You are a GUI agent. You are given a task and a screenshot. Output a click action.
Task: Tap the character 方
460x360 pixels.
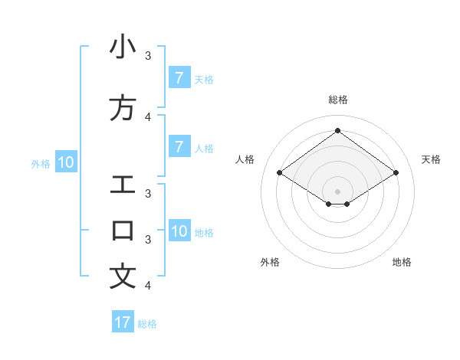point(123,108)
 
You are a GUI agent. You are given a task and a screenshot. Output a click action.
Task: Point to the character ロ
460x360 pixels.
point(123,231)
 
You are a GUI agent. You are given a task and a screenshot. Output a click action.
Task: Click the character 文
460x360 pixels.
point(123,277)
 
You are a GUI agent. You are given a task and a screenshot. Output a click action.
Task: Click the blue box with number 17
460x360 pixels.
point(123,322)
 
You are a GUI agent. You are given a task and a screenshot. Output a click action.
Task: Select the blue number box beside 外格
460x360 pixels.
point(65,162)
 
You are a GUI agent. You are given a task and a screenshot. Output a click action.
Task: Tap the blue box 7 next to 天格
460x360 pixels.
point(179,77)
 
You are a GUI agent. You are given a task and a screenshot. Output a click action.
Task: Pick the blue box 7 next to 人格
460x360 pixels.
point(179,146)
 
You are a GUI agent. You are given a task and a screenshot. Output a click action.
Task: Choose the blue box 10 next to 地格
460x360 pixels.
point(179,231)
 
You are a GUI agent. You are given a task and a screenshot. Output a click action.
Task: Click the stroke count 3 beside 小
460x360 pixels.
point(148,55)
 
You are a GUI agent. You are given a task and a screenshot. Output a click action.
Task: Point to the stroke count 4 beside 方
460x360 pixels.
point(148,116)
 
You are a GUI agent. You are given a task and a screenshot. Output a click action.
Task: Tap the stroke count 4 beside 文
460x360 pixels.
point(148,285)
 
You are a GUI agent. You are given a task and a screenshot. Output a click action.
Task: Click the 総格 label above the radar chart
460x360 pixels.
point(338,100)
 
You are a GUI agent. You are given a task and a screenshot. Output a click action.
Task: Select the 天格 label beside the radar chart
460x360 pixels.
point(431,159)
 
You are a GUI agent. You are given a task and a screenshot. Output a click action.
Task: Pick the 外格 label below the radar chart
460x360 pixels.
point(270,262)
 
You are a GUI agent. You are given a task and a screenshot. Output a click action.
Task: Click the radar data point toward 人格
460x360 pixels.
point(280,173)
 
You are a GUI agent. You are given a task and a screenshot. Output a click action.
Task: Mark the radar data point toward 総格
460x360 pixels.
point(338,131)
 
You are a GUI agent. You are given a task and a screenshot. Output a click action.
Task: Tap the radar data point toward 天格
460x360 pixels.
point(396,173)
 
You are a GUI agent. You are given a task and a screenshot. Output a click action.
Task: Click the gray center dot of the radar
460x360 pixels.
point(338,191)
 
